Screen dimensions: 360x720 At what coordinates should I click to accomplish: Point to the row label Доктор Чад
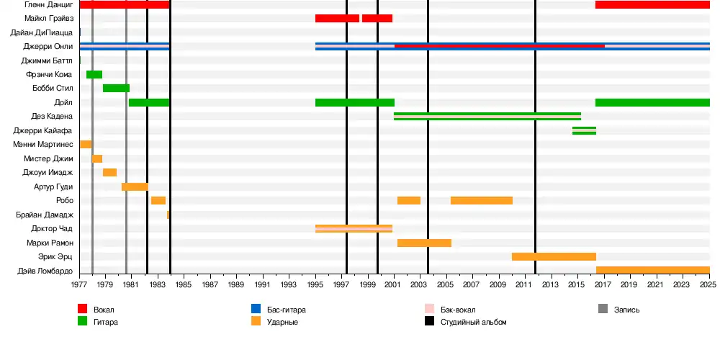(x=52, y=229)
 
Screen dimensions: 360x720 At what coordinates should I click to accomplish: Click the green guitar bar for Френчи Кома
(x=94, y=75)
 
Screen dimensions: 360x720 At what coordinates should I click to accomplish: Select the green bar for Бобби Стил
(x=116, y=89)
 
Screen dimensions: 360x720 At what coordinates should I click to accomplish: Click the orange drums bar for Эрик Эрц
(x=554, y=256)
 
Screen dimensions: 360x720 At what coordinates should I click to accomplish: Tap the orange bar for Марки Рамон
(x=424, y=243)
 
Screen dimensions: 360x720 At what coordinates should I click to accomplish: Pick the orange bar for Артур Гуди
(x=135, y=186)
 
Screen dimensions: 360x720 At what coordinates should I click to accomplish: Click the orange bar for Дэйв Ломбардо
(x=652, y=271)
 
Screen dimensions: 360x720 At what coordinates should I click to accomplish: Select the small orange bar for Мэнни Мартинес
(x=86, y=145)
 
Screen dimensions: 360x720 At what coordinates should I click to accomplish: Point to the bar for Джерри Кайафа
(x=584, y=130)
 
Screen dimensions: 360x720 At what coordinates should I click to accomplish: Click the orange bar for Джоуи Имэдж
(x=109, y=173)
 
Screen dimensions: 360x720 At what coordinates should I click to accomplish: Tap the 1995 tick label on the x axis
(x=315, y=285)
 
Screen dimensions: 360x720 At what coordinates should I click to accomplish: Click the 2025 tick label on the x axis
(x=709, y=285)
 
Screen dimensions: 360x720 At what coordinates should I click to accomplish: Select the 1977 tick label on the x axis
(x=79, y=285)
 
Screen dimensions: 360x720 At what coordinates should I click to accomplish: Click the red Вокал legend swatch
(x=83, y=309)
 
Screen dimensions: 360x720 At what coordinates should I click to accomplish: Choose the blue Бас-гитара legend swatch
(x=256, y=309)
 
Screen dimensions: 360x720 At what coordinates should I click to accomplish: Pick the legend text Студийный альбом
(x=474, y=322)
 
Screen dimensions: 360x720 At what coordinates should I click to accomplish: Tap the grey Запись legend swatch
(x=603, y=309)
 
